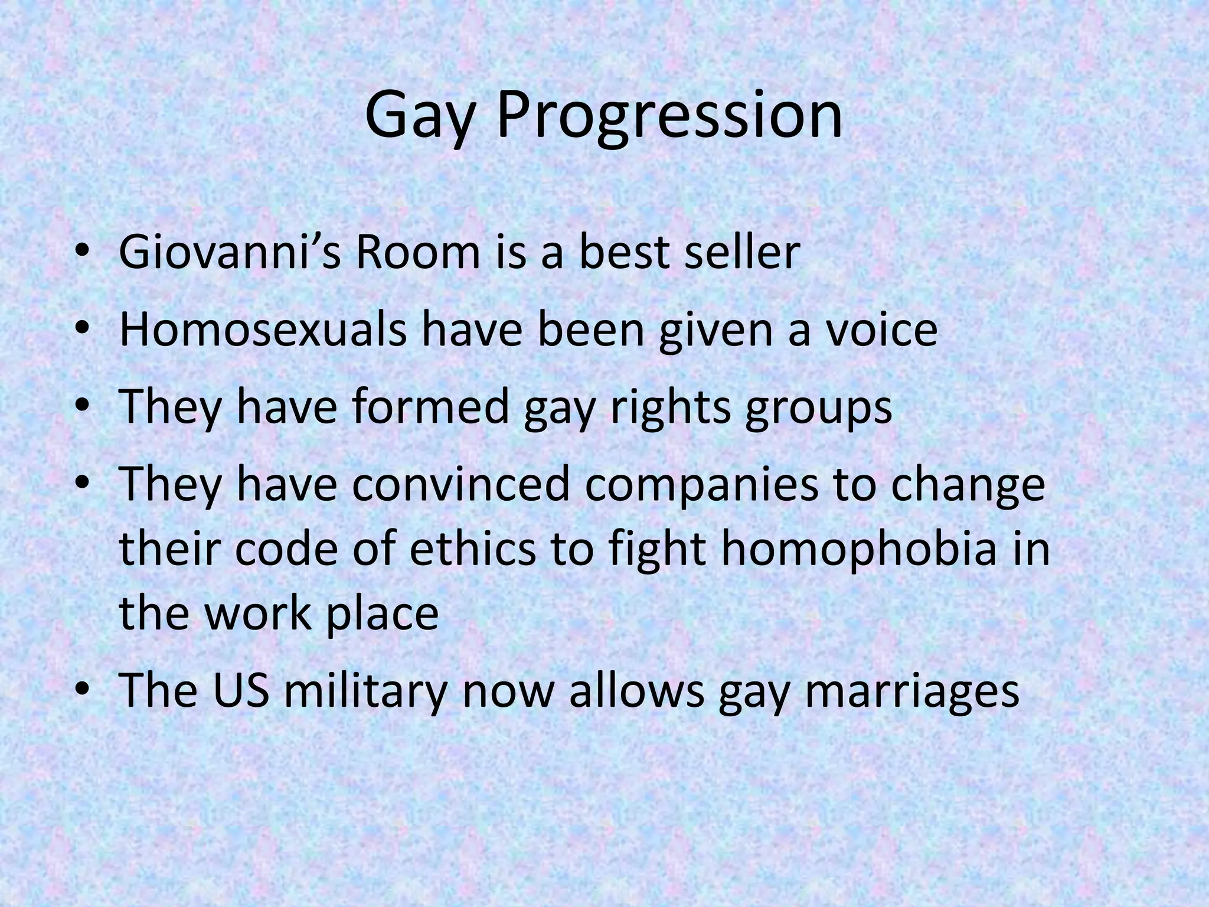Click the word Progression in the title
[669, 115]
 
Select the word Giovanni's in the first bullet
[229, 252]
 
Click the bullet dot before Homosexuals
[83, 331]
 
